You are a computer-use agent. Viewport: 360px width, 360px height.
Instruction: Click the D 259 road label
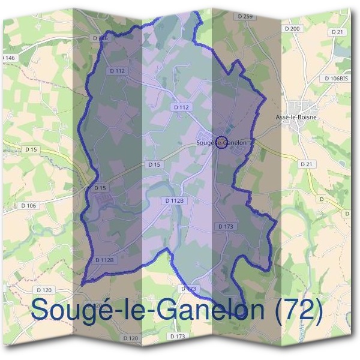(245, 16)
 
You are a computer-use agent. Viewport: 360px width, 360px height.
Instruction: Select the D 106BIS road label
(335, 79)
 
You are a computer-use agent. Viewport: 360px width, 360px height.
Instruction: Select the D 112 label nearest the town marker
(181, 107)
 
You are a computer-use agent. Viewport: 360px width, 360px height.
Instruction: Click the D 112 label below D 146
(118, 71)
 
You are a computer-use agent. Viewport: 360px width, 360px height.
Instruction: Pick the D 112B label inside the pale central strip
(172, 200)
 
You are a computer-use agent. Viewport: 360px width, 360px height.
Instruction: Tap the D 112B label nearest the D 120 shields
(104, 260)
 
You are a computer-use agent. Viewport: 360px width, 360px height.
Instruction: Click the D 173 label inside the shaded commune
(226, 226)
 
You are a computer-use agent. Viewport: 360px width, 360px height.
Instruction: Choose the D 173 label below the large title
(177, 336)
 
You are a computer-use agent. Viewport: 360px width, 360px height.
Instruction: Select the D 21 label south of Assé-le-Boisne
(307, 163)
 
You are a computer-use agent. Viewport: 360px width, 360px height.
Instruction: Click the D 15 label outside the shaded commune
(31, 148)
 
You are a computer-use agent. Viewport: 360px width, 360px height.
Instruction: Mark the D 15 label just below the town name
(154, 164)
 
